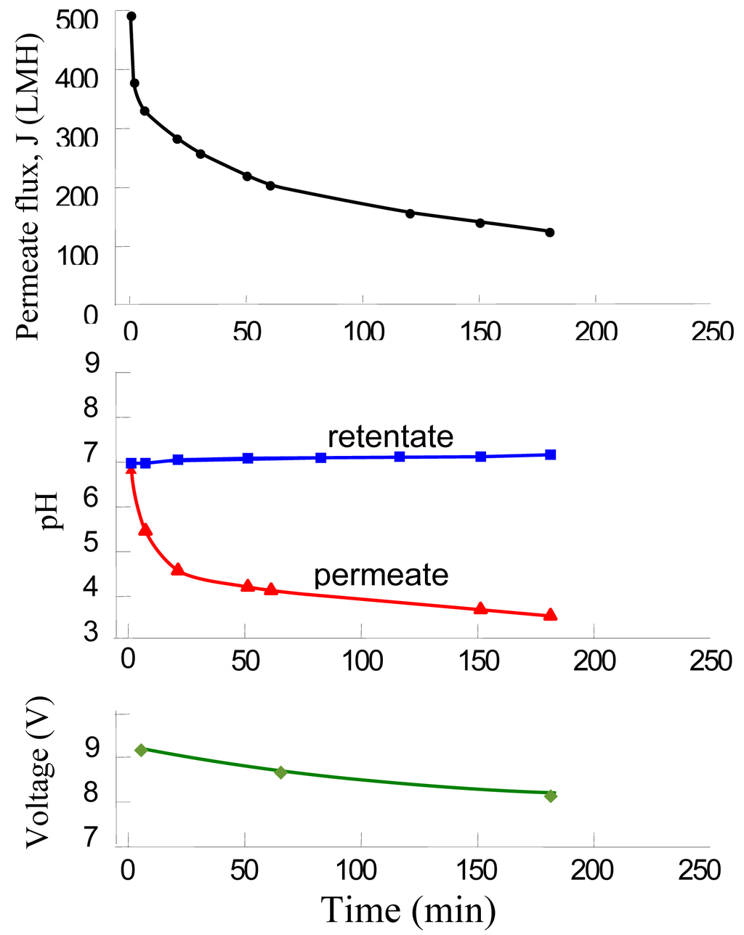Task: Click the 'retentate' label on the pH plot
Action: pyautogui.click(x=390, y=437)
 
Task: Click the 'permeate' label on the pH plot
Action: pyautogui.click(x=381, y=575)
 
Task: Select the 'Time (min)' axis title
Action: pyautogui.click(x=408, y=910)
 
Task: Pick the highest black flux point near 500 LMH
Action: pyautogui.click(x=131, y=16)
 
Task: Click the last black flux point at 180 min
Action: pyautogui.click(x=550, y=232)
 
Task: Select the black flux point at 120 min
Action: pyautogui.click(x=410, y=213)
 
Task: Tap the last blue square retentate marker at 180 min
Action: pyautogui.click(x=550, y=454)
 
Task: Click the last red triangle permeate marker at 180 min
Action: pyautogui.click(x=550, y=615)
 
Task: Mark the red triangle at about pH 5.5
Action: pyautogui.click(x=145, y=530)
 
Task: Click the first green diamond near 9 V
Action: pyautogui.click(x=141, y=749)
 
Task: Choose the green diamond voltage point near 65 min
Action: pyautogui.click(x=280, y=772)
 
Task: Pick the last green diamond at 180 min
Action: pyautogui.click(x=550, y=796)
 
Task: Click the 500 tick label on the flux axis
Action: pyautogui.click(x=76, y=20)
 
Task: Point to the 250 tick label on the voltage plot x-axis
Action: pyautogui.click(x=700, y=869)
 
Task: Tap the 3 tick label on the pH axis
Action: pyautogui.click(x=91, y=632)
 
